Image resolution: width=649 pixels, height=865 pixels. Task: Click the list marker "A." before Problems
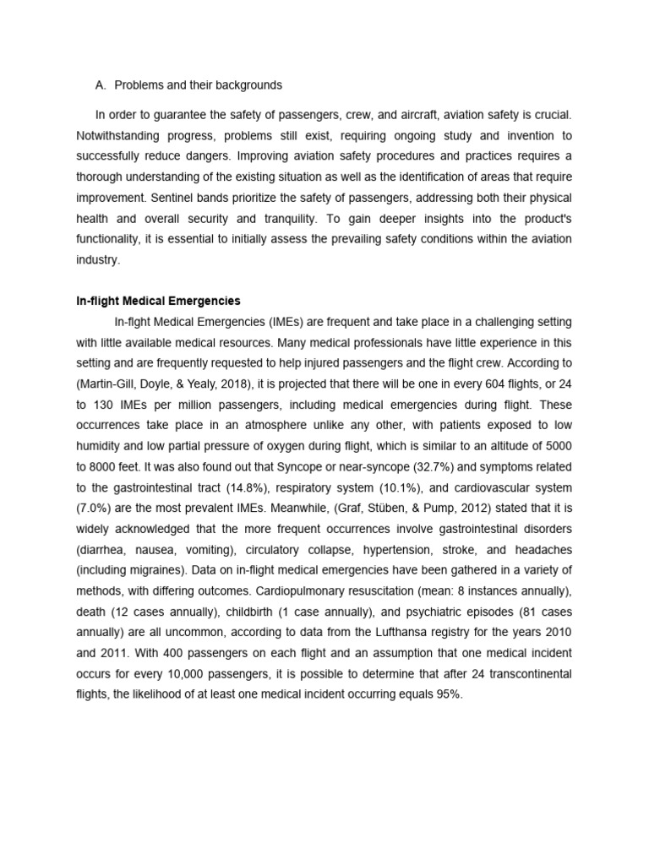(x=101, y=85)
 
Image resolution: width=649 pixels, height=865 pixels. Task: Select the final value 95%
(x=447, y=694)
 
